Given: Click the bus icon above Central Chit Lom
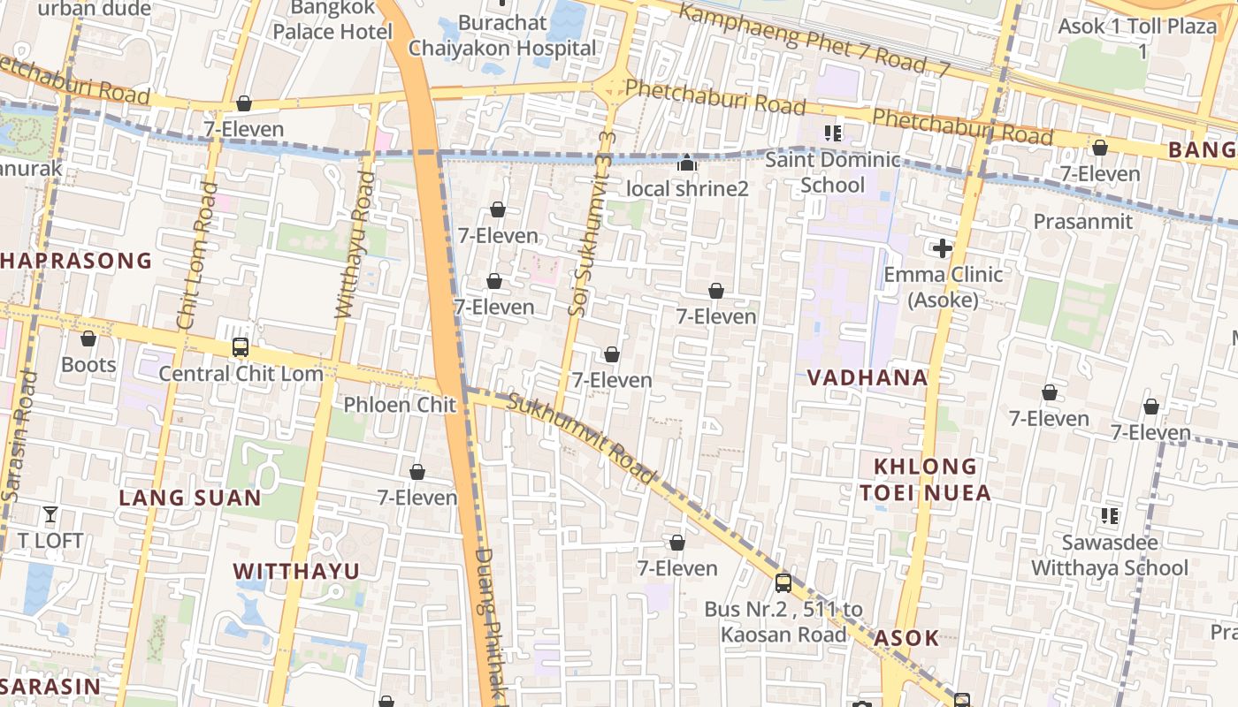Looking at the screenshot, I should (x=240, y=346).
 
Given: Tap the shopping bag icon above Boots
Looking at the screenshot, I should (x=88, y=338).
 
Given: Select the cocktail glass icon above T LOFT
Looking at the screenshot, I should (x=50, y=513).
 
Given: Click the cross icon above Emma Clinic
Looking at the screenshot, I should (x=943, y=248).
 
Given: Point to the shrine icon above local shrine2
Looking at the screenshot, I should (x=687, y=163).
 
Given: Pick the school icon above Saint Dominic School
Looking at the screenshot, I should (x=832, y=133).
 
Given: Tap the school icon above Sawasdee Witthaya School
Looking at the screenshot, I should (x=1109, y=515).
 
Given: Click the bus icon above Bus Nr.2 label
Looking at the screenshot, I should (x=783, y=582).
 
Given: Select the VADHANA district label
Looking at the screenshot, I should (x=867, y=378).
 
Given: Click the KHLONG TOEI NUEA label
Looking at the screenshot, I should (x=926, y=480).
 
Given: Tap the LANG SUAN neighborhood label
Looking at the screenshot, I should (x=190, y=498).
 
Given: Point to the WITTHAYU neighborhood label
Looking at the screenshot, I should (x=296, y=571).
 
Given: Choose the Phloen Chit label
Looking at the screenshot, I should (x=400, y=405).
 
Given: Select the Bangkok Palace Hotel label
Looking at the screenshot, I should (x=332, y=19).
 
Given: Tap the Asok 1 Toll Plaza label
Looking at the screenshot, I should (x=1137, y=37).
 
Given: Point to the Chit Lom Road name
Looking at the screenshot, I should (x=197, y=256).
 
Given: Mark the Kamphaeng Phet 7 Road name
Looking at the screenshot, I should (x=814, y=39).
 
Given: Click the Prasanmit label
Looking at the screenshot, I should (x=1082, y=221).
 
